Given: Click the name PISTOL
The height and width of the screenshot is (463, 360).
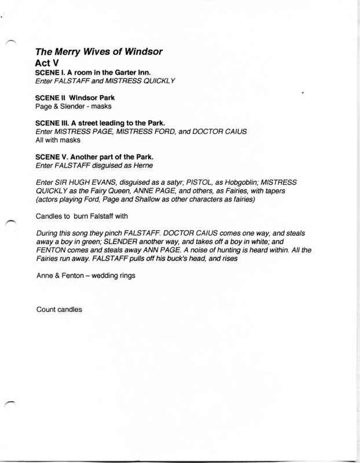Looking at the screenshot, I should (x=209, y=183).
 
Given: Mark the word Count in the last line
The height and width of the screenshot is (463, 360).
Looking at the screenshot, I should (x=46, y=310).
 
